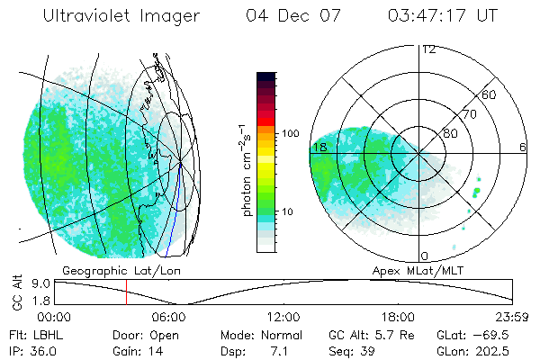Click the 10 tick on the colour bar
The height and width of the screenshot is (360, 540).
tap(288, 212)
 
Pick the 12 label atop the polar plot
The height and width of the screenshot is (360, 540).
tap(428, 49)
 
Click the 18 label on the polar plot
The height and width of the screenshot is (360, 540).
tap(319, 146)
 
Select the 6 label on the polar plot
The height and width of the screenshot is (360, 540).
tap(522, 147)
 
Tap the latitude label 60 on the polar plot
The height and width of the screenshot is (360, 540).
tap(490, 94)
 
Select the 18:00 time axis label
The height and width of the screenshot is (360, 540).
tap(399, 317)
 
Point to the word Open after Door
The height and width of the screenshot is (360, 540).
tap(166, 334)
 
